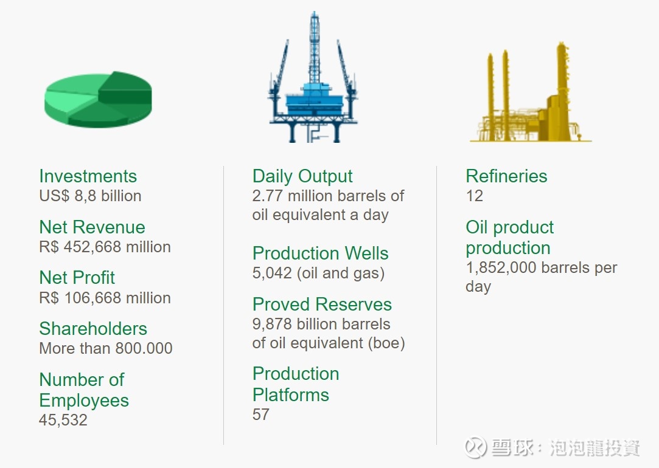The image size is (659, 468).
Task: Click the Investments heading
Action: pyautogui.click(x=88, y=176)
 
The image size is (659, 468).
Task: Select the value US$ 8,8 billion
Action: pyautogui.click(x=90, y=196)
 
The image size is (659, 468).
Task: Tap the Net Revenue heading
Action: pyautogui.click(x=92, y=227)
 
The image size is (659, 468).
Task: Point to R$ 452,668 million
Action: pyautogui.click(x=105, y=247)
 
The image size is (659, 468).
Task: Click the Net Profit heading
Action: pyautogui.click(x=77, y=277)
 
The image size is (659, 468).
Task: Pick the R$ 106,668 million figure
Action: pyautogui.click(x=105, y=298)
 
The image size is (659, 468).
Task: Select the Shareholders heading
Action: pyautogui.click(x=93, y=329)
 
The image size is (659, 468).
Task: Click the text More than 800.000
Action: pyautogui.click(x=105, y=348)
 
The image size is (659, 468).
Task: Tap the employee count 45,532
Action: pyautogui.click(x=63, y=420)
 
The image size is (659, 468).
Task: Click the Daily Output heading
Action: pyautogui.click(x=302, y=176)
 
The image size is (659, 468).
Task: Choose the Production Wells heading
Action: pyautogui.click(x=320, y=253)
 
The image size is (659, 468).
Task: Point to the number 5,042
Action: pyautogui.click(x=272, y=273)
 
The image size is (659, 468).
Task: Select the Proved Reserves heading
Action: pyautogui.click(x=322, y=305)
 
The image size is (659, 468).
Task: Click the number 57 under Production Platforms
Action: pyautogui.click(x=261, y=415)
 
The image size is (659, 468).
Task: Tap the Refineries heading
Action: pyautogui.click(x=506, y=176)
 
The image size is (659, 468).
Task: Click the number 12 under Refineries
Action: pyautogui.click(x=475, y=196)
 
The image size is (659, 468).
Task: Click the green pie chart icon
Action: pyautogui.click(x=98, y=99)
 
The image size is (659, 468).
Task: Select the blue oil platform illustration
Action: pyautogui.click(x=313, y=78)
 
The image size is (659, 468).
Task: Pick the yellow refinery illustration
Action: pyautogui.click(x=531, y=92)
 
